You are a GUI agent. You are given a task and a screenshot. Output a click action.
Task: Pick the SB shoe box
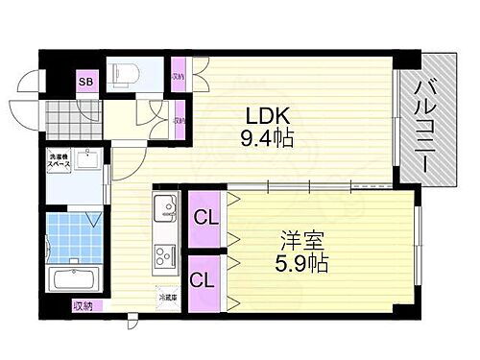point(85,82)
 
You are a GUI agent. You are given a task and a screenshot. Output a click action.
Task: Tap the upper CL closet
point(204,218)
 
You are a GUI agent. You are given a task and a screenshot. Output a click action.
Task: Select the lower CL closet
point(204,281)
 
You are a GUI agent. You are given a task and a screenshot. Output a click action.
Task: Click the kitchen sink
point(162,208)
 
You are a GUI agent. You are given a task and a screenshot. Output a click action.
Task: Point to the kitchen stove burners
point(162,257)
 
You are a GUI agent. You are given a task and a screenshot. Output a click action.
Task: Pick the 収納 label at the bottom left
point(84,308)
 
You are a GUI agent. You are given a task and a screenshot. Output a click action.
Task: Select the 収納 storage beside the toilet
point(178,77)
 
